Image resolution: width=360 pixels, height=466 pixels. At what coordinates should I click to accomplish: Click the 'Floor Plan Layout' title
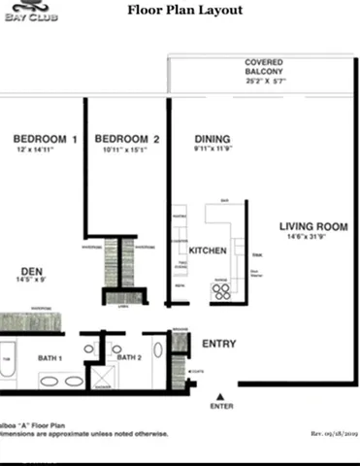click(x=185, y=11)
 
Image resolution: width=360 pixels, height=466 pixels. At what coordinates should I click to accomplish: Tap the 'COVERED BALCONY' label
click(x=264, y=69)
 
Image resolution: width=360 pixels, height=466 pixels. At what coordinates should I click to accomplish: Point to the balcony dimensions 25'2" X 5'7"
click(x=263, y=82)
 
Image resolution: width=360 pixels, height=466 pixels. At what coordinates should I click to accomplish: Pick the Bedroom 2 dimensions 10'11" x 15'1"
click(x=128, y=150)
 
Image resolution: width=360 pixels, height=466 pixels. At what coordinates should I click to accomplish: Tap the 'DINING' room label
click(x=212, y=139)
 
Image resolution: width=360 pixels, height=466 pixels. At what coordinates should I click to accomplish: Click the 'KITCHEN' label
click(x=208, y=250)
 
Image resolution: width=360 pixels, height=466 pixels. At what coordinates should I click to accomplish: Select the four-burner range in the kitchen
click(x=221, y=289)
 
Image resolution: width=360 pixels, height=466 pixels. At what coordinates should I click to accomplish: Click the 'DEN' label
click(x=33, y=271)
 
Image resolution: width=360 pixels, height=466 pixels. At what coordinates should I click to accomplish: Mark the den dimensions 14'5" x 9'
click(x=33, y=282)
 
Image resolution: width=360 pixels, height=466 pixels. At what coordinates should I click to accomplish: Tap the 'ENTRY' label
click(x=218, y=344)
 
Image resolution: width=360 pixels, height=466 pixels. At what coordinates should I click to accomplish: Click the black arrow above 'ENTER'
click(x=222, y=395)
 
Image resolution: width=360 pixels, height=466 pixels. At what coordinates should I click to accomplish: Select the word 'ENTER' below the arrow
click(x=222, y=407)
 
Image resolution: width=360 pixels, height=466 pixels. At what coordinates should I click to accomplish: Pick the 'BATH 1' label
click(x=50, y=358)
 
